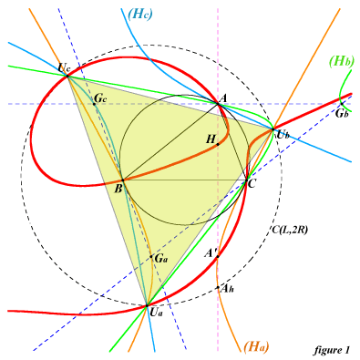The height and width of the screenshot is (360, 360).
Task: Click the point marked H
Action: [x=218, y=144]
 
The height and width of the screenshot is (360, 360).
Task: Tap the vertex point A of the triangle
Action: [x=218, y=104]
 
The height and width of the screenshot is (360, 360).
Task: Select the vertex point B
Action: [x=122, y=180]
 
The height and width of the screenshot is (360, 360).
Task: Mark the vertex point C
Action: [x=246, y=180]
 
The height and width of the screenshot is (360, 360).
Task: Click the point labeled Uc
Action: [x=67, y=76]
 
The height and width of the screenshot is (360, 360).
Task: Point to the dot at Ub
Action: [x=273, y=129]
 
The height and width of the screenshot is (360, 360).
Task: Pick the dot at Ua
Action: [x=147, y=305]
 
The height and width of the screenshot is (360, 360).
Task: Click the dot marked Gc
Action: [x=94, y=104]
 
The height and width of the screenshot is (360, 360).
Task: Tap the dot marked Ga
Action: [x=151, y=257]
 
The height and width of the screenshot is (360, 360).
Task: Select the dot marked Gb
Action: [x=342, y=104]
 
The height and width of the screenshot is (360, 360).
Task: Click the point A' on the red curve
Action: [x=218, y=257]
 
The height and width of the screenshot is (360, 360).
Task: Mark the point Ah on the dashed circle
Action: [x=218, y=287]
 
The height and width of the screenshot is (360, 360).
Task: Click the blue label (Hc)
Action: [x=139, y=15]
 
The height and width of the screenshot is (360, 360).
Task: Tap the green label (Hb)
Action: [x=342, y=62]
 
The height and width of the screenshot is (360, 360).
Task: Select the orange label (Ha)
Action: [x=256, y=346]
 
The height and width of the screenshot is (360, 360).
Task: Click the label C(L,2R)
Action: [x=289, y=230]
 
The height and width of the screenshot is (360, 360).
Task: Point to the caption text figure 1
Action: [x=332, y=350]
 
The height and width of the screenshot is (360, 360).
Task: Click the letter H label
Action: [x=211, y=139]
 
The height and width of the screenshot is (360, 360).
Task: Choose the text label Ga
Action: [x=161, y=259]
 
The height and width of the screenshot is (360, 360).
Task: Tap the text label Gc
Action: [x=100, y=98]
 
